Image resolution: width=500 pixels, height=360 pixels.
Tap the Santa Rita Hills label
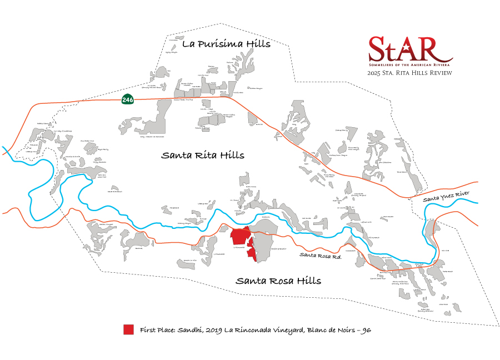pos(203,156)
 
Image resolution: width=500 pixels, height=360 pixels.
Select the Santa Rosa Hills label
pos(278,281)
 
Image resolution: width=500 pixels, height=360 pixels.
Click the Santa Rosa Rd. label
pos(317,255)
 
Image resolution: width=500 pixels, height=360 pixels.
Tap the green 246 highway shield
pos(128,99)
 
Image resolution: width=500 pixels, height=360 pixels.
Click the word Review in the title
pos(439,73)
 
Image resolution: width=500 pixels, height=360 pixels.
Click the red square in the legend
pos(129,329)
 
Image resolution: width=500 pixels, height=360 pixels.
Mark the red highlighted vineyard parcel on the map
pos(241,239)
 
